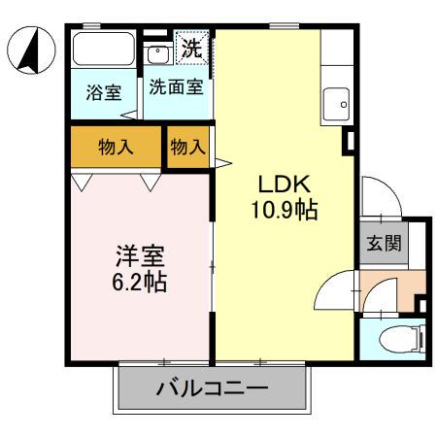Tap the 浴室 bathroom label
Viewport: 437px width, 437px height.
[x=103, y=93]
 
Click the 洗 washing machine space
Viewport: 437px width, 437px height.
[x=190, y=47]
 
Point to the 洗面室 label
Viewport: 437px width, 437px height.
[x=176, y=86]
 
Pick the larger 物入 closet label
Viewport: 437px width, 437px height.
[x=116, y=147]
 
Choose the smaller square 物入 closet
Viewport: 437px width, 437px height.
[x=187, y=148]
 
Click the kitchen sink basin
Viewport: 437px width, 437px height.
[x=337, y=99]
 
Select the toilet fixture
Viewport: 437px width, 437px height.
[x=398, y=340]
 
